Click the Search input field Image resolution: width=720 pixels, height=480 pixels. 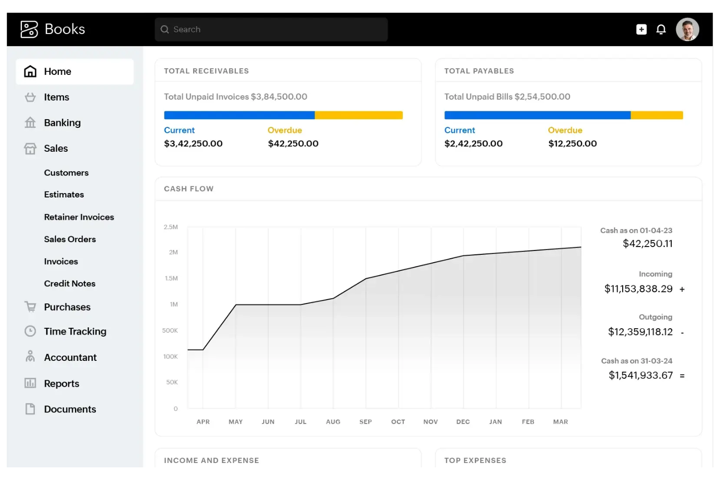click(271, 30)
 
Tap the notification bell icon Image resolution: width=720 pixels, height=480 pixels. click(661, 30)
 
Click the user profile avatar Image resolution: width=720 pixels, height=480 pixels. click(687, 30)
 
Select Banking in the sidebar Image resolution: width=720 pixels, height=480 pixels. click(62, 123)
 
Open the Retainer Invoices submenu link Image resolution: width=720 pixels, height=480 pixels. click(79, 217)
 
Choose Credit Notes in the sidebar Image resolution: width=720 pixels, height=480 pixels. click(70, 284)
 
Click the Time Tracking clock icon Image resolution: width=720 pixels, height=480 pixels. click(30, 331)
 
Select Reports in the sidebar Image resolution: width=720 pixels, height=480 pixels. click(61, 383)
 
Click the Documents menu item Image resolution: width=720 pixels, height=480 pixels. click(70, 409)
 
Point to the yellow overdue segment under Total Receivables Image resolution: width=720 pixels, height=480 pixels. click(359, 115)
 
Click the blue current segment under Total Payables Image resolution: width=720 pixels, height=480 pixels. click(537, 115)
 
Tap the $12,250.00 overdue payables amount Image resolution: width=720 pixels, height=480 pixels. click(572, 143)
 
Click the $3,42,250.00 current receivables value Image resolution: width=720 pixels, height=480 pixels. click(193, 143)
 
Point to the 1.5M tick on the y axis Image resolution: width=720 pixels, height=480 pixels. click(171, 278)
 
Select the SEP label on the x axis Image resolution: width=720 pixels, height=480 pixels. click(365, 422)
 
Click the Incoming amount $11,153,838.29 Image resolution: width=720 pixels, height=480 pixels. click(638, 289)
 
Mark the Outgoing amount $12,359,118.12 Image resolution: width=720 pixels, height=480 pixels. click(640, 332)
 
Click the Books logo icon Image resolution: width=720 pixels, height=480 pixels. click(29, 29)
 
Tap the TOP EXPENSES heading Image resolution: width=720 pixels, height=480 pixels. click(475, 460)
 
